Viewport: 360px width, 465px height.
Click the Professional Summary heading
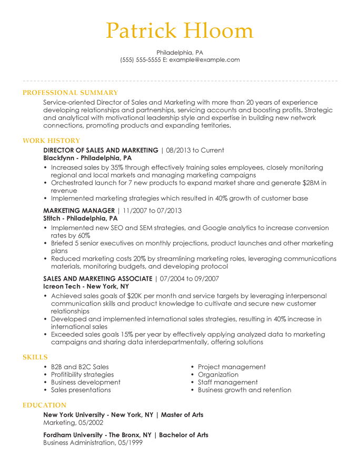[x=70, y=93]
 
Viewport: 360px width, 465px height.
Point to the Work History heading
[x=51, y=141]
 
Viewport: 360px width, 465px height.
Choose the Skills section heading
[x=35, y=357]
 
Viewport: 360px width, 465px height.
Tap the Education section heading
[x=44, y=405]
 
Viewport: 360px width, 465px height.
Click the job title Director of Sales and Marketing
[x=101, y=150]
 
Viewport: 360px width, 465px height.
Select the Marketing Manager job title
[x=78, y=211]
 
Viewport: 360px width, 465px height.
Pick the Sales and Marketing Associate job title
[x=97, y=279]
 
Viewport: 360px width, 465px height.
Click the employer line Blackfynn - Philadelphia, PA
[x=87, y=158]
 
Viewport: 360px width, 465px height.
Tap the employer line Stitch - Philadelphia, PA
[x=80, y=219]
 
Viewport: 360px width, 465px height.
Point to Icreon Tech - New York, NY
[x=86, y=286]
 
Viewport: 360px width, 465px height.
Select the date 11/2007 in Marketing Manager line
[x=134, y=211]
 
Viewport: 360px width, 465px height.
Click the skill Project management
[x=232, y=367]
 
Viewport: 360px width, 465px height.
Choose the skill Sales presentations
[x=81, y=390]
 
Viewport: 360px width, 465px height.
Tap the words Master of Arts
[x=182, y=415]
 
